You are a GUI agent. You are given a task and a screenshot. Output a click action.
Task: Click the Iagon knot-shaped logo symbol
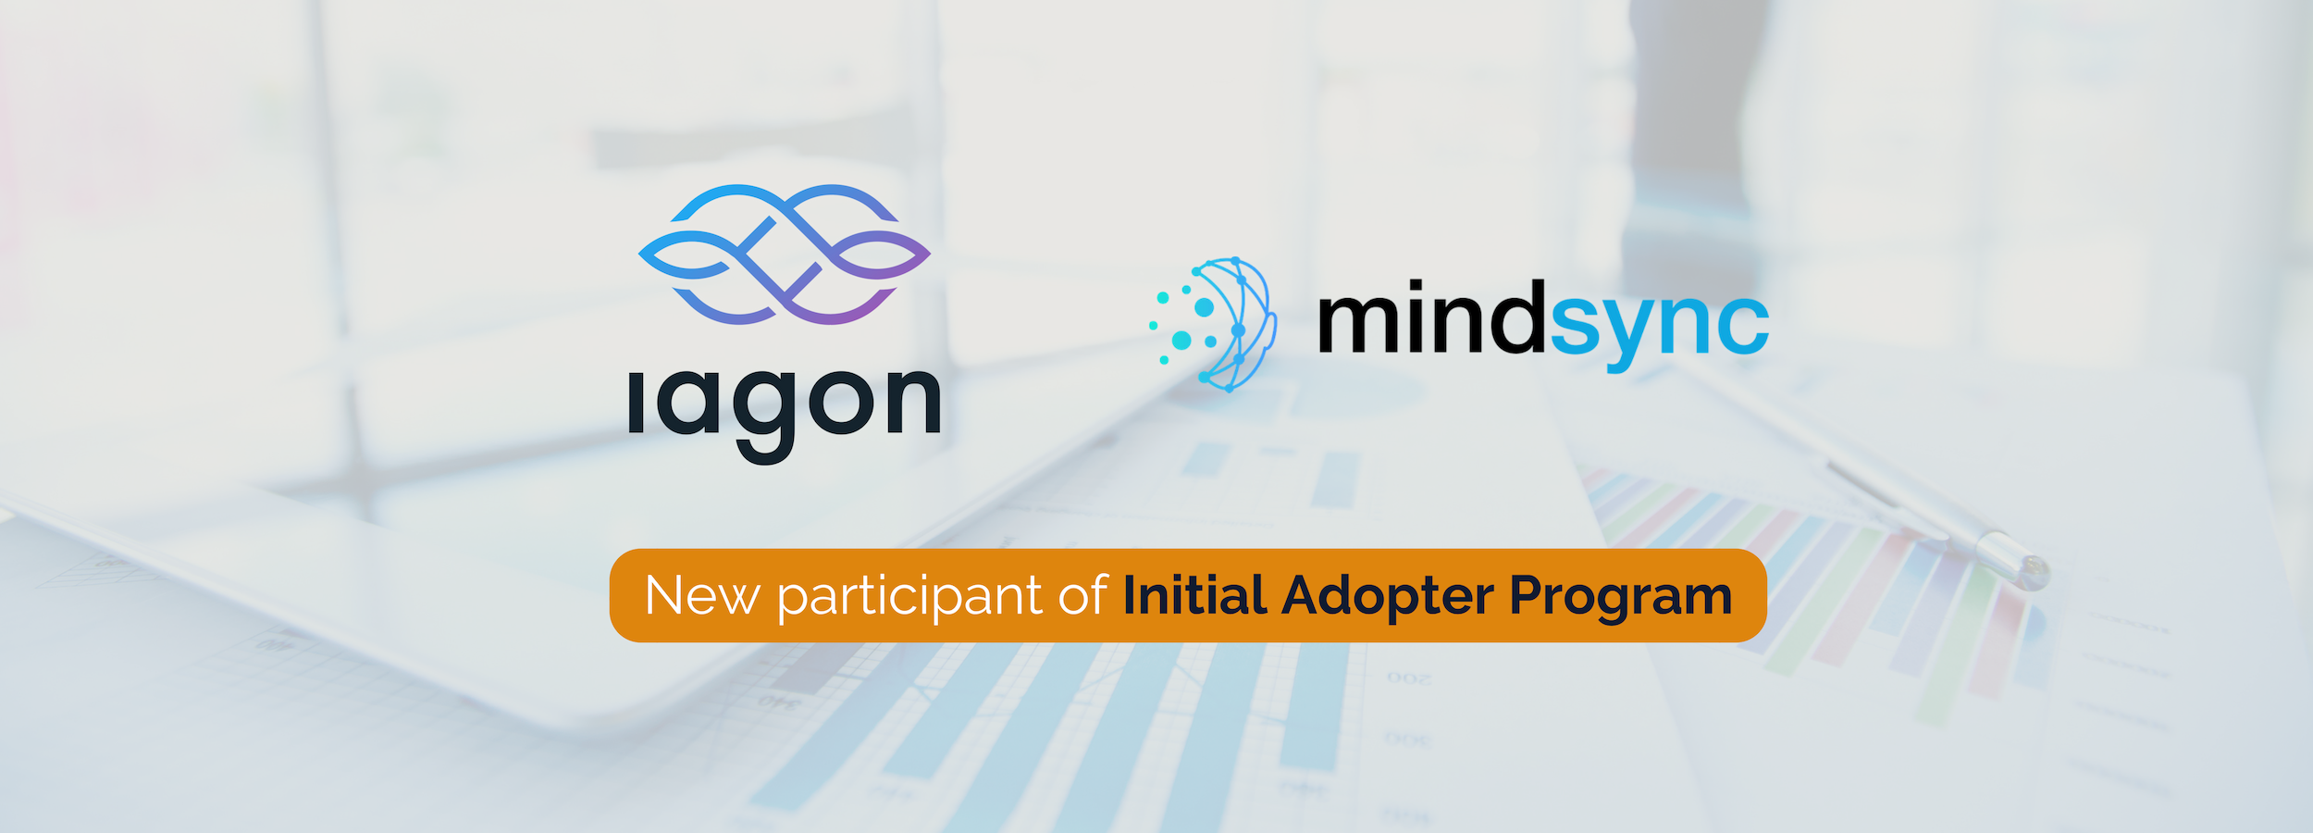point(784,255)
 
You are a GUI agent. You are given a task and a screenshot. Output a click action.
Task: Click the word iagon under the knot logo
point(784,407)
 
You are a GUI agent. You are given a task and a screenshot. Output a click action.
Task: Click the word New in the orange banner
point(702,596)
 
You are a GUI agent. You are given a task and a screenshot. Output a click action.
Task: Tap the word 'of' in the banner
point(1082,596)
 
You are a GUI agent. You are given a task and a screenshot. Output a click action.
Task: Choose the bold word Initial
point(1194,595)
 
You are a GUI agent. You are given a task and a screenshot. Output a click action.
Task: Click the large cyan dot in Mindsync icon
point(1181,341)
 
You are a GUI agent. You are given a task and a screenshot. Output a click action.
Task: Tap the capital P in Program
point(1528,595)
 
